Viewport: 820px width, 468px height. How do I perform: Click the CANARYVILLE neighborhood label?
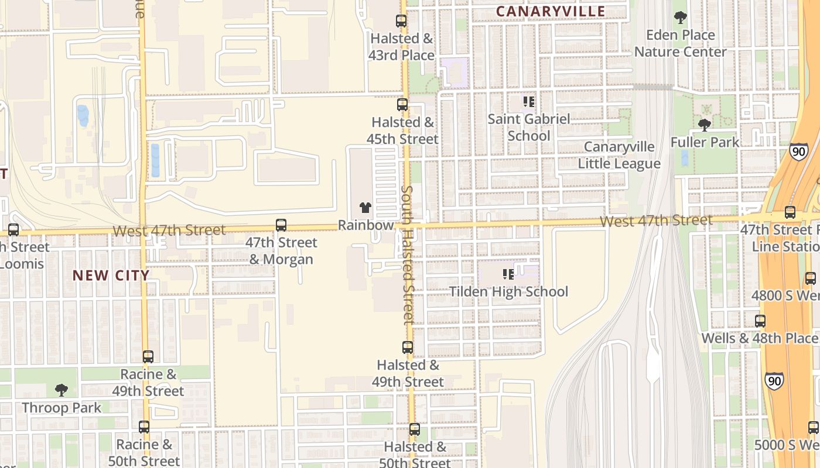pos(551,11)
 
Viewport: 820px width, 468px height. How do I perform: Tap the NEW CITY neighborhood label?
pos(111,275)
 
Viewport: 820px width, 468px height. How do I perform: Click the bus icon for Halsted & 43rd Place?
pos(401,21)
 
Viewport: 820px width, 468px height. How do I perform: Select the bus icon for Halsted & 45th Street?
pos(402,105)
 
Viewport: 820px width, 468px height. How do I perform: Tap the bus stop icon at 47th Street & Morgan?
pos(281,225)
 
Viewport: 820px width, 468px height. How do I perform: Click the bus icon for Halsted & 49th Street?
pos(408,347)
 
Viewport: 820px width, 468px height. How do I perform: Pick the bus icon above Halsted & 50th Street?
pos(415,429)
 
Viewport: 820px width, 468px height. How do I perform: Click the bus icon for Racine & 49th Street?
pos(148,356)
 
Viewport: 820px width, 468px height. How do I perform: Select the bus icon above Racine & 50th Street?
pos(144,427)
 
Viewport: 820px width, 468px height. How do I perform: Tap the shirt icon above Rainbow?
pos(365,208)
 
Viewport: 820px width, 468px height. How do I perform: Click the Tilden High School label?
pos(508,291)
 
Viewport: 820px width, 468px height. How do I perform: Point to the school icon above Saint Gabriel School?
pos(529,102)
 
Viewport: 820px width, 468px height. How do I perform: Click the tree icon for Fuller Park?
pos(705,125)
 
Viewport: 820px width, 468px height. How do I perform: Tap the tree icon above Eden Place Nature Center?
pos(680,18)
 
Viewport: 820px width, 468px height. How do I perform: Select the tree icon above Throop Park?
pos(61,390)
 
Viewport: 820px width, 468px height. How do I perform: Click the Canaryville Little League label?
pos(619,155)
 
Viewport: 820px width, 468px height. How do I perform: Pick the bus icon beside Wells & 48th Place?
pos(760,321)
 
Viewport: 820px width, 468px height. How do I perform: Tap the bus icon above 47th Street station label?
pos(790,212)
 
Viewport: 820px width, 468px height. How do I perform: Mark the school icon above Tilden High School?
pos(508,274)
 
